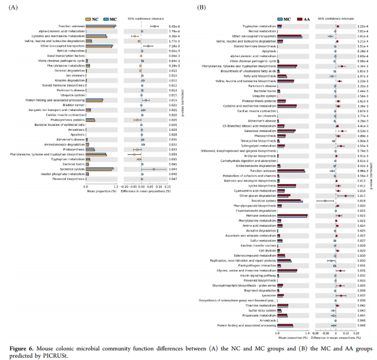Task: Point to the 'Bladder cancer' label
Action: click(x=76, y=104)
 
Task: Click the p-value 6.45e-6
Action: click(x=174, y=26)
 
